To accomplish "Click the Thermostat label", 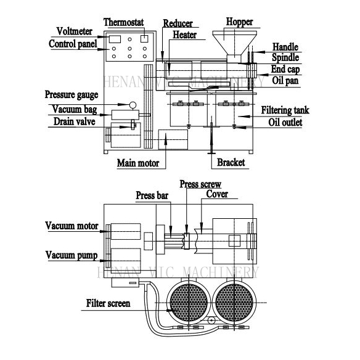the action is (123, 22).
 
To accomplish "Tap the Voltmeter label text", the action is (75, 31).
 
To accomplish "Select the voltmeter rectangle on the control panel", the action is (115, 39).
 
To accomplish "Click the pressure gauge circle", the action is (133, 105).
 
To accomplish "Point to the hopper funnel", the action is (234, 43).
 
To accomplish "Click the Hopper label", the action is (239, 22).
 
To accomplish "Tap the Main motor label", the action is (138, 163).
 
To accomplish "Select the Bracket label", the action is (231, 162).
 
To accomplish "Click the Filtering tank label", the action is (285, 110).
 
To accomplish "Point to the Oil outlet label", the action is (285, 122).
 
